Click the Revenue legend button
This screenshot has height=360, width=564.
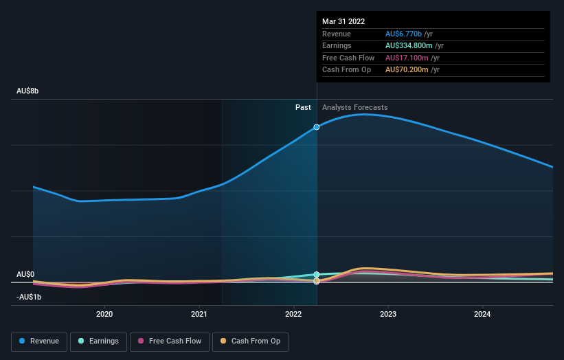pyautogui.click(x=39, y=341)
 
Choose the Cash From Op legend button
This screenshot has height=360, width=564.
pyautogui.click(x=250, y=341)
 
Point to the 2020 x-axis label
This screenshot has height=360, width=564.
pyautogui.click(x=104, y=314)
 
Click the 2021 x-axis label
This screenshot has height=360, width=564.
pyautogui.click(x=199, y=314)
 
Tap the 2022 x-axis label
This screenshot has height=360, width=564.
pyautogui.click(x=293, y=314)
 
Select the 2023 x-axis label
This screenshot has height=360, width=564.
pyautogui.click(x=388, y=314)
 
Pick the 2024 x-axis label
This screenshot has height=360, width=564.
pyautogui.click(x=482, y=314)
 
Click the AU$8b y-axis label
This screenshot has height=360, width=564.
pyautogui.click(x=28, y=91)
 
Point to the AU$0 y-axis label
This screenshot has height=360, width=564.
pyautogui.click(x=25, y=274)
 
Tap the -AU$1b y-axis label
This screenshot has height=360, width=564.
pyautogui.click(x=29, y=297)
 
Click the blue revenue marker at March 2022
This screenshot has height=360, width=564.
pyautogui.click(x=317, y=127)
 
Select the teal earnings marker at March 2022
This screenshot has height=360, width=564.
pyautogui.click(x=317, y=274)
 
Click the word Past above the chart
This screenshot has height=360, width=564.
pyautogui.click(x=303, y=107)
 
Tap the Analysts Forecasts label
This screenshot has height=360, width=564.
pyautogui.click(x=354, y=107)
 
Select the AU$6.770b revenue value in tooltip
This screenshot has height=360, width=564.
pyautogui.click(x=403, y=34)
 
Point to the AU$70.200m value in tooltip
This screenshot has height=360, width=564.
pyautogui.click(x=406, y=70)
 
